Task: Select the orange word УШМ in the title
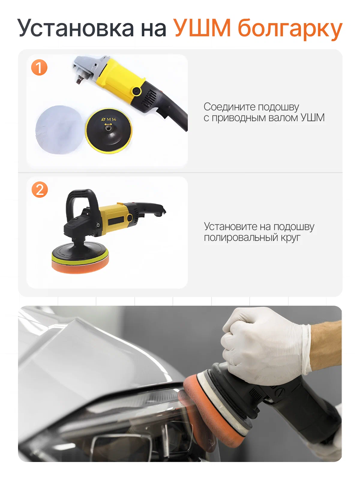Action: pos(202,28)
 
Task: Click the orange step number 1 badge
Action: pos(39,67)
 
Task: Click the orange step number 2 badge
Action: pos(40,189)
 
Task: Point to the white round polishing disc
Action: pos(60,130)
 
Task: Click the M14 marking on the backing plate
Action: pos(109,119)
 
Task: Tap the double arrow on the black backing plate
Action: pos(108,124)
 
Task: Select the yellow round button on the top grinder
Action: pos(136,91)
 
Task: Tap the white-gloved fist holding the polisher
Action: pos(262,348)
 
